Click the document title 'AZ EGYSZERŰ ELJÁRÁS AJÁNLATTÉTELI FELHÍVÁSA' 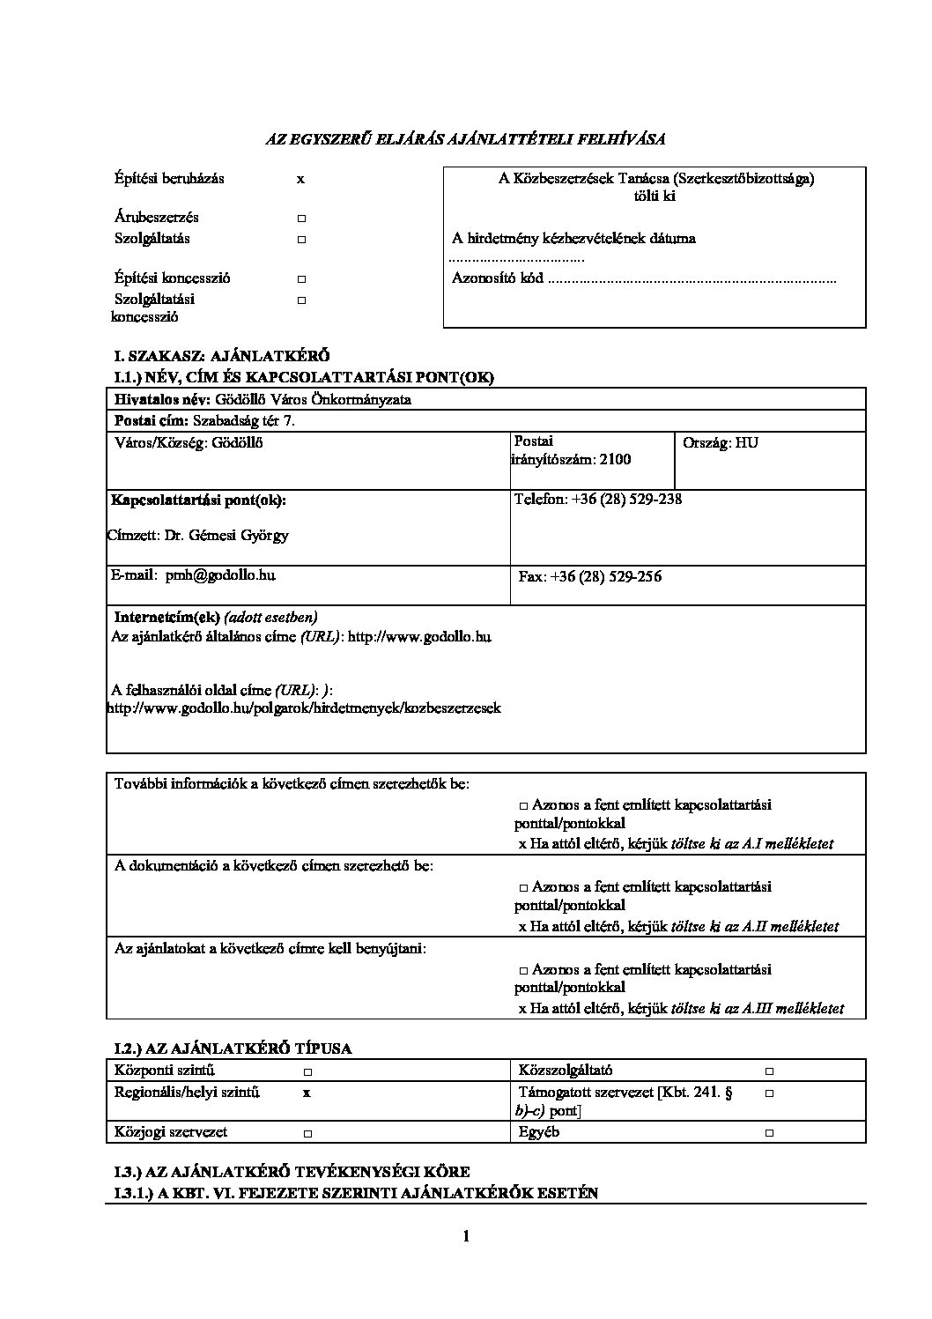tap(465, 138)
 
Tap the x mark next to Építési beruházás tap(300, 179)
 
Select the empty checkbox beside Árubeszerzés tap(300, 218)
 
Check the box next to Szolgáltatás tap(300, 240)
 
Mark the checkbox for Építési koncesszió tap(300, 278)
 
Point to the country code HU tap(746, 442)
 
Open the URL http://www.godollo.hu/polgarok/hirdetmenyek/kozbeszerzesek tap(304, 708)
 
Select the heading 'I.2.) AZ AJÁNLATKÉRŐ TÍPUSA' tap(233, 1049)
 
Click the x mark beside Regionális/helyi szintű tap(307, 1093)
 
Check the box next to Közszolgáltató tap(769, 1071)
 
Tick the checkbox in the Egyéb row tap(769, 1133)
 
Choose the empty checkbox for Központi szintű tap(307, 1071)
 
